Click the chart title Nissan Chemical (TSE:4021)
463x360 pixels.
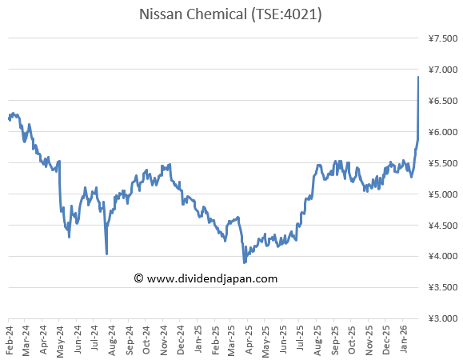click(x=230, y=14)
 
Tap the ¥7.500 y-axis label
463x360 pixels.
click(x=443, y=38)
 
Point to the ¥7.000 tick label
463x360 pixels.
click(x=443, y=70)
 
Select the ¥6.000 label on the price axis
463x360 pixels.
click(x=443, y=132)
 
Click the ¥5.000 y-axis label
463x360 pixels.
click(x=443, y=194)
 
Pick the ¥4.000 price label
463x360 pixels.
click(x=443, y=256)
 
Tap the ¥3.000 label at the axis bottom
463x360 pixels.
click(x=443, y=318)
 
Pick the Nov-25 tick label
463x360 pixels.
click(x=369, y=340)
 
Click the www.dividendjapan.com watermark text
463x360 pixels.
click(x=213, y=278)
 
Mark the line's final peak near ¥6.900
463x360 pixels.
click(x=418, y=77)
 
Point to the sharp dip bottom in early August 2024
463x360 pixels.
click(x=106, y=254)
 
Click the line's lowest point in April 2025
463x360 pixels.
click(x=245, y=262)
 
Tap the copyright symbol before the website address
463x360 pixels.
click(x=138, y=278)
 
